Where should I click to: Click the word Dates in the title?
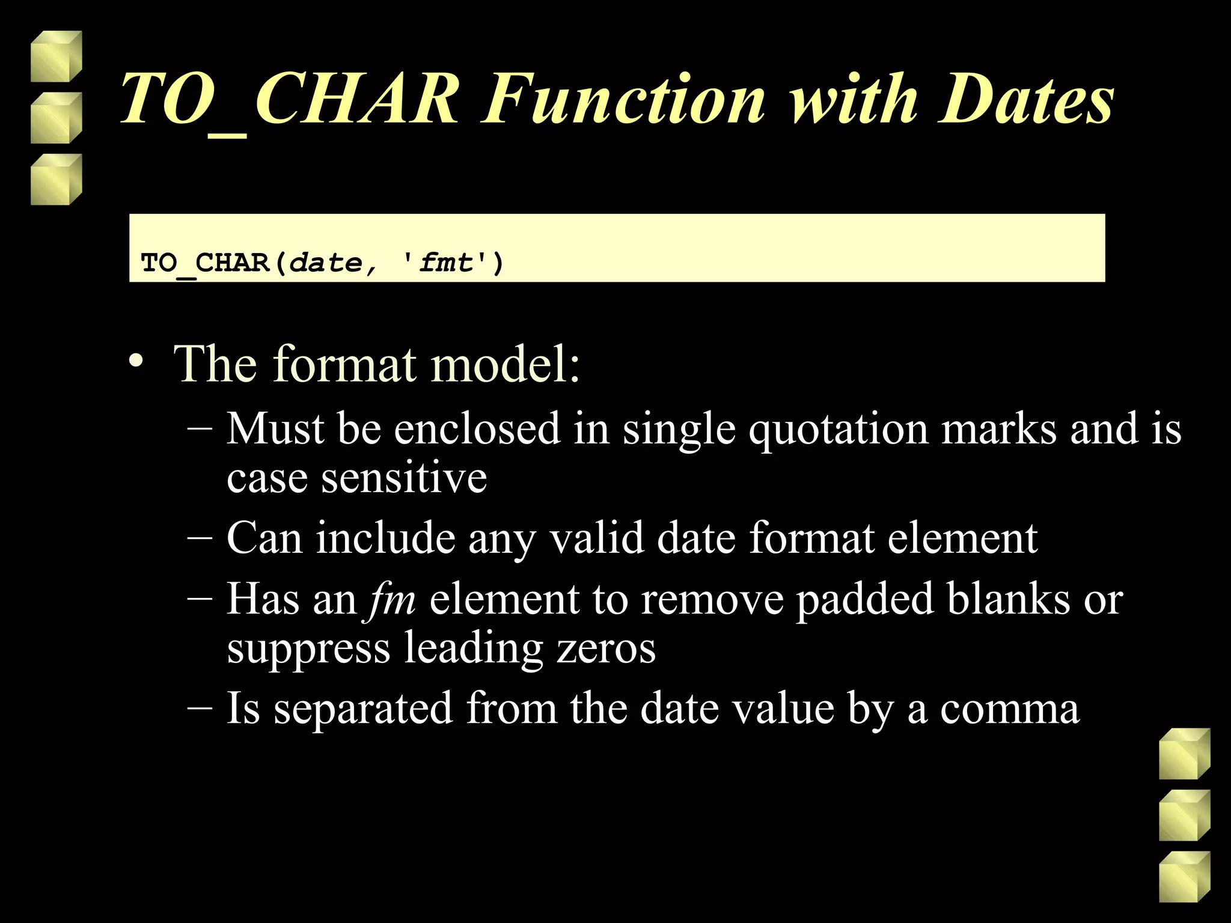pos(1025,99)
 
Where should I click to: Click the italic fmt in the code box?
pos(446,263)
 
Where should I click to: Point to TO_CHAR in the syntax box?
pos(204,263)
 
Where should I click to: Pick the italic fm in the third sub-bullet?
pos(393,600)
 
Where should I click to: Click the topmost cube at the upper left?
pos(56,56)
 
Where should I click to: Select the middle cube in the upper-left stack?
pos(56,118)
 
